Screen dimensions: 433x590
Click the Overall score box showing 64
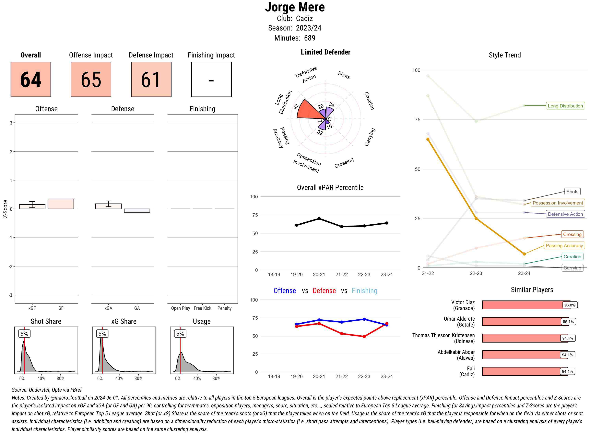(31, 80)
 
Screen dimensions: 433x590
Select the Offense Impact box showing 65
(91, 80)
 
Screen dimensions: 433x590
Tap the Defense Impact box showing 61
(151, 80)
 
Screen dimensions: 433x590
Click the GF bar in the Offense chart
(61, 204)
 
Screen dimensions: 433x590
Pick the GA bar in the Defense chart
(137, 211)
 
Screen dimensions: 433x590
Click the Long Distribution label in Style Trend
(565, 106)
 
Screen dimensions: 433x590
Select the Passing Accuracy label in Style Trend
(564, 246)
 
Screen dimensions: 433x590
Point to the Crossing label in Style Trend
(572, 234)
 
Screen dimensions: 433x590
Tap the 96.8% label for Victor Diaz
(570, 305)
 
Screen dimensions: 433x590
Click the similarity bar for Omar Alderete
(525, 322)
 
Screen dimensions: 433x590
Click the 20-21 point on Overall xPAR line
(319, 219)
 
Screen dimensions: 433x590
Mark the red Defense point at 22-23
(364, 337)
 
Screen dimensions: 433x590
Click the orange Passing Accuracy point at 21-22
(428, 139)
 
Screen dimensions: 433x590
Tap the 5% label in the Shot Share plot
(24, 334)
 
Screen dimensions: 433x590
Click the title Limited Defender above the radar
(325, 52)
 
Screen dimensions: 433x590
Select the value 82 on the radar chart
(296, 106)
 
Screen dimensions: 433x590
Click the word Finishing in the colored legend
(364, 291)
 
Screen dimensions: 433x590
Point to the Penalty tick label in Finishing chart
(224, 308)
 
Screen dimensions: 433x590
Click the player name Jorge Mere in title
(295, 7)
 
